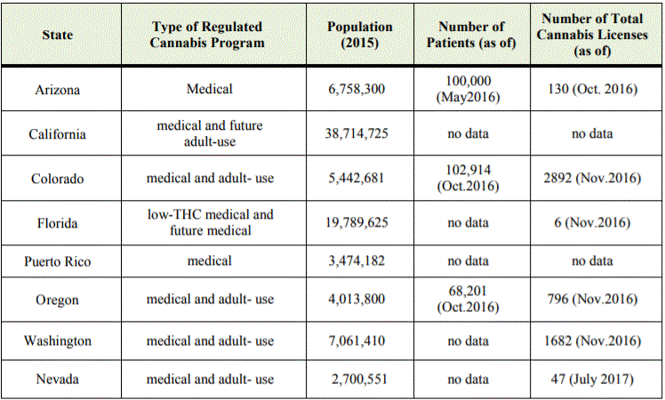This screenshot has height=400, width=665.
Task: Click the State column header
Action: (57, 35)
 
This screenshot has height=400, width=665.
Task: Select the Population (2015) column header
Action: (360, 35)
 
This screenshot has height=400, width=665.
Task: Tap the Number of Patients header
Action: (471, 35)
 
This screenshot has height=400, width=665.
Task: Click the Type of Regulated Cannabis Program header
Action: (207, 35)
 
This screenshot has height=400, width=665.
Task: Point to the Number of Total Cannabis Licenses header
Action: (592, 35)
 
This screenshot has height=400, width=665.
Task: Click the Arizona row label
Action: (57, 90)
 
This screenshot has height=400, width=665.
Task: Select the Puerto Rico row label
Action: (57, 261)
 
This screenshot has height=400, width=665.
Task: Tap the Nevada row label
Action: (57, 379)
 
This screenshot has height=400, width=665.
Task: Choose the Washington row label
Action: (57, 341)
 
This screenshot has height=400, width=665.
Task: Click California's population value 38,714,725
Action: (357, 133)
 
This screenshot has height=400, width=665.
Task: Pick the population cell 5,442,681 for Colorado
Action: (357, 178)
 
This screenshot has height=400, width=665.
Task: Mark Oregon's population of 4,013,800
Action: (357, 299)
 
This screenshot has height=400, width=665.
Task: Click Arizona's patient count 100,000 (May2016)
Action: (469, 89)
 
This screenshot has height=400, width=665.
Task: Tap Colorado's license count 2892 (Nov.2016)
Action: (592, 178)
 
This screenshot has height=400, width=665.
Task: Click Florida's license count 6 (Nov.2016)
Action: (592, 223)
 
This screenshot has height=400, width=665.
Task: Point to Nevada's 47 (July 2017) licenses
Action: (592, 379)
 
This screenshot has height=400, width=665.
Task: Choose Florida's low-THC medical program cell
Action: (211, 223)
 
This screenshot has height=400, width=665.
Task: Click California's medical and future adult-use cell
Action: (210, 133)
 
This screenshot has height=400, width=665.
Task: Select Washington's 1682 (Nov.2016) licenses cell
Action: (592, 341)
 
